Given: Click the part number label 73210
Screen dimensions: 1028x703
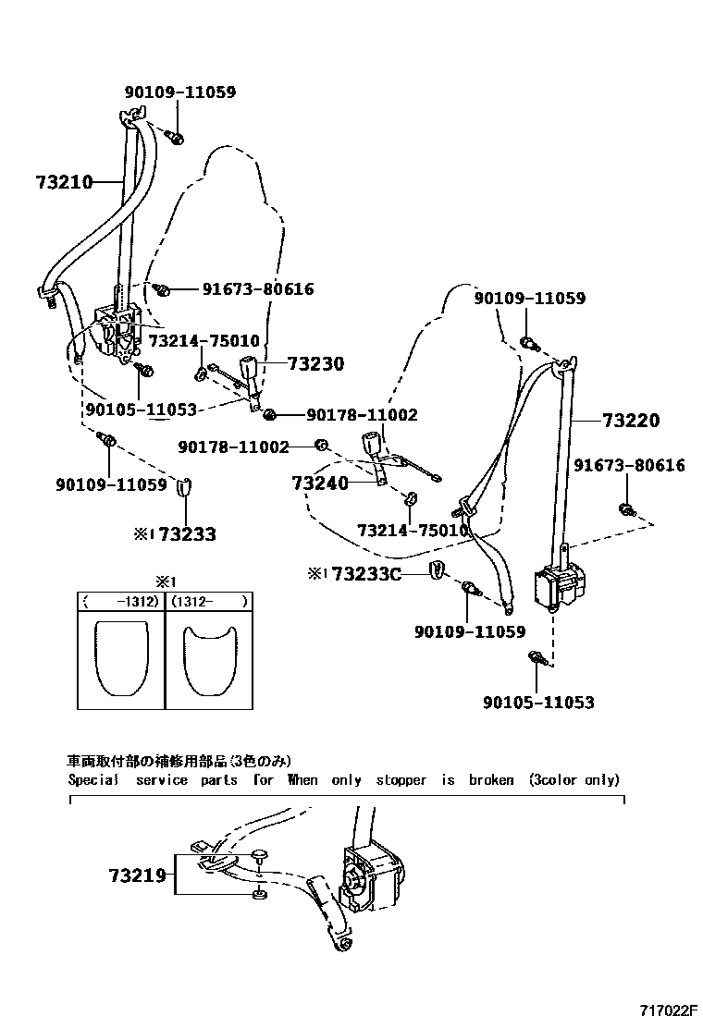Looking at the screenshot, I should tap(65, 182).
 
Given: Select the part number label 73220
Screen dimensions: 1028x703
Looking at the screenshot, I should tap(631, 422).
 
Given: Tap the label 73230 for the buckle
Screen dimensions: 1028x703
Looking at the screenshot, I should tap(314, 364).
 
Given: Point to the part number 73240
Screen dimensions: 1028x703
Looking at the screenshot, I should tap(320, 483).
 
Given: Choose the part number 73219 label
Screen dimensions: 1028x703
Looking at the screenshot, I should tap(136, 875).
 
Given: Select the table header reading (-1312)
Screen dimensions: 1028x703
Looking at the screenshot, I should tap(120, 601).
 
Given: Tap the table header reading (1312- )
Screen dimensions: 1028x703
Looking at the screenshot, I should tap(209, 601).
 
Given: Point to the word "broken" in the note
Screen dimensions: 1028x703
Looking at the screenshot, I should tap(490, 779).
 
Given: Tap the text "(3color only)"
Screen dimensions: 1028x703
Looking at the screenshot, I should tap(573, 779).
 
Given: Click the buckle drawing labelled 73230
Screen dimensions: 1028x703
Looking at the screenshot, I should tap(253, 367).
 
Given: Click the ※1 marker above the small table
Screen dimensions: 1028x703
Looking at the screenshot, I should tap(165, 581).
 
